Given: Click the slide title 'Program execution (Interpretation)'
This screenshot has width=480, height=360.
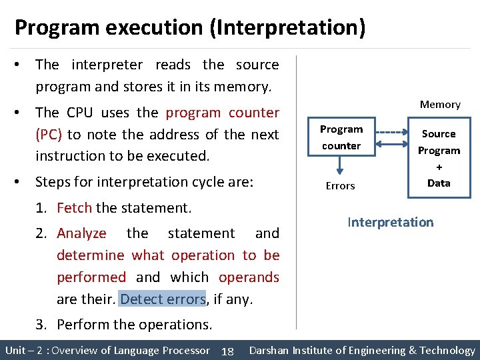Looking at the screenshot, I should coord(190,28).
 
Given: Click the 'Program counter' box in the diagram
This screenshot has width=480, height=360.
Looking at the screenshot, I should coord(341,137).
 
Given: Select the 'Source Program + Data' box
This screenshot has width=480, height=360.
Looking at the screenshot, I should coord(439,158).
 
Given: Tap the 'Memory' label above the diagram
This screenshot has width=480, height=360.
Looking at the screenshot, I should coord(440,105).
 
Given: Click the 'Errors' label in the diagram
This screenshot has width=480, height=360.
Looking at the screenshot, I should coord(340,186).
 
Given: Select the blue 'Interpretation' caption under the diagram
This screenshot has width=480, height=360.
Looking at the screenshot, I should coord(390,223).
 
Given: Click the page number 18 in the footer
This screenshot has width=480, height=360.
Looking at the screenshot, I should coord(227,351).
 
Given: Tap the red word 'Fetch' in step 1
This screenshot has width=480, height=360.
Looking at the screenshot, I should coord(74,208).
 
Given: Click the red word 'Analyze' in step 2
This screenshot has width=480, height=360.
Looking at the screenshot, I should coord(81,233).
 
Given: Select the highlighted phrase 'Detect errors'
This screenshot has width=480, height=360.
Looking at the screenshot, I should coord(163,299).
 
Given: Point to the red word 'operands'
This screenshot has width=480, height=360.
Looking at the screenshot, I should coord(249,277).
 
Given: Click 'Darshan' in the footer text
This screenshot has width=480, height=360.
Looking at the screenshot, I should coord(271,351).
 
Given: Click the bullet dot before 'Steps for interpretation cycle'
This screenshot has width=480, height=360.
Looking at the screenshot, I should coord(22,182).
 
